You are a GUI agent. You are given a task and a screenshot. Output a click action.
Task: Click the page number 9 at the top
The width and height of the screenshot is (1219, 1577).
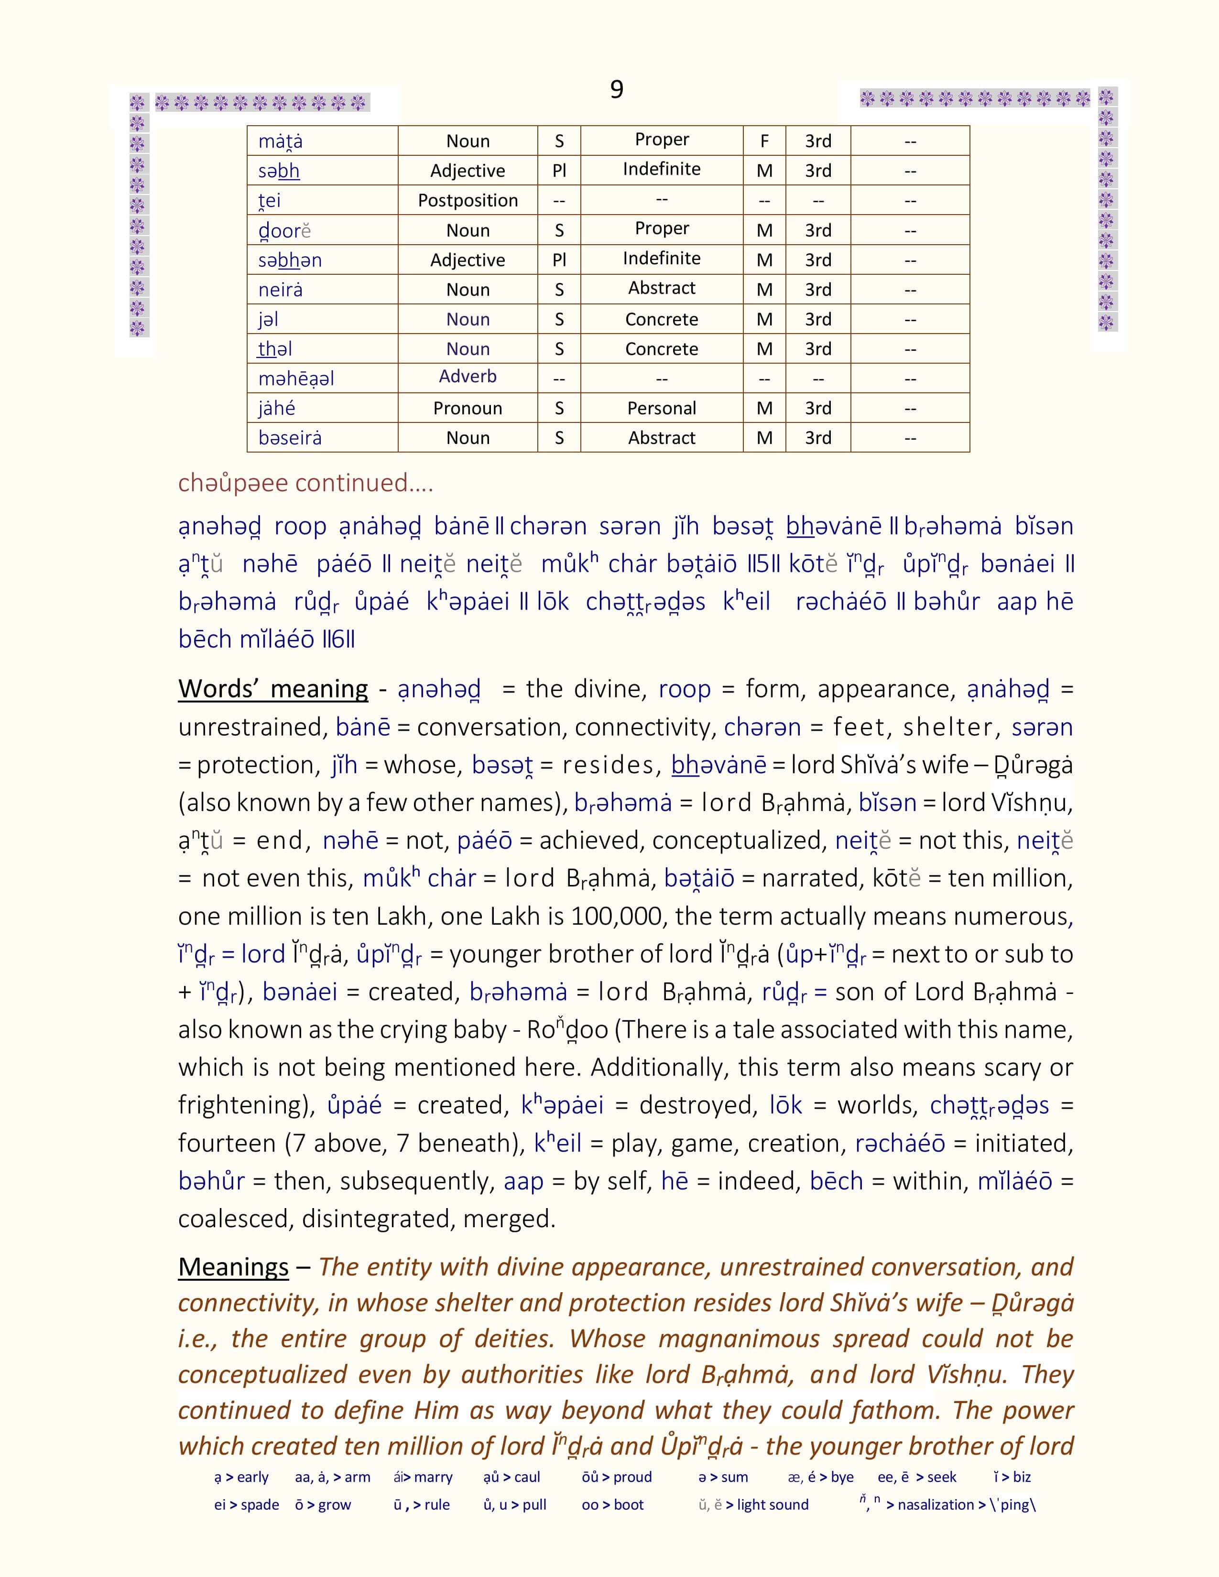coord(616,89)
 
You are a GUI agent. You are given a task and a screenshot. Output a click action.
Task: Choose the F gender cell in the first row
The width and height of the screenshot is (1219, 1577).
coord(764,141)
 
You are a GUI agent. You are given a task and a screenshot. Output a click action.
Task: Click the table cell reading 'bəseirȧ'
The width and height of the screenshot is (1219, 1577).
coord(290,438)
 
